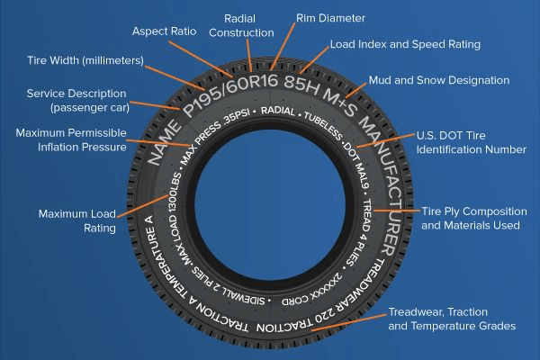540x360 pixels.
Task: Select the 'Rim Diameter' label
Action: click(x=330, y=16)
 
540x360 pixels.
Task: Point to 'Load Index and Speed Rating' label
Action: click(x=404, y=43)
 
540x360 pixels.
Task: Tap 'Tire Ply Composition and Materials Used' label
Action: click(x=470, y=217)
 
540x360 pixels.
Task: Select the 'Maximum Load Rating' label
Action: click(x=76, y=220)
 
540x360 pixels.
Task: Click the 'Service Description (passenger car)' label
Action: click(x=78, y=100)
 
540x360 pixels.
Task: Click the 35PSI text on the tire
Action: click(x=234, y=120)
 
